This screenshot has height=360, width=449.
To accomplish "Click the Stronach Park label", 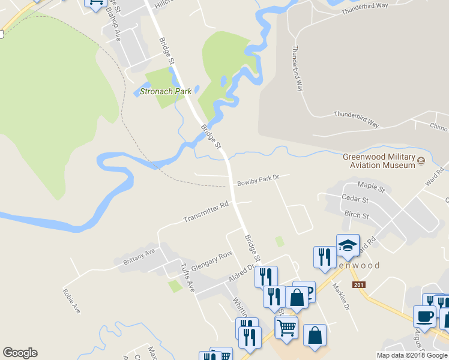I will coord(165,91).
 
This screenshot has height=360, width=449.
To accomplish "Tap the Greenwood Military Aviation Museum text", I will coord(379,161).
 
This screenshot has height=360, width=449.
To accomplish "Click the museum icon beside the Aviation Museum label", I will coord(421,160).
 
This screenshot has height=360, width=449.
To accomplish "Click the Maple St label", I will coord(370,187).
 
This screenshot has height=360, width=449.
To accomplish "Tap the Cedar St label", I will coord(354,199).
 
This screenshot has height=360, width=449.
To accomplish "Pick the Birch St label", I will coord(357,214).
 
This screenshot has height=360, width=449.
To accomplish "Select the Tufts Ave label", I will coord(188,277).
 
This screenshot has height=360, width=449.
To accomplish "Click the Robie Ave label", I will coord(71,301).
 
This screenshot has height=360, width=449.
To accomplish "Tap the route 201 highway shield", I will coord(359,285).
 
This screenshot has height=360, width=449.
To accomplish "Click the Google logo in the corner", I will coord(20,353).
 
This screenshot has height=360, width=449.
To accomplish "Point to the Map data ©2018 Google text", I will coord(412,355).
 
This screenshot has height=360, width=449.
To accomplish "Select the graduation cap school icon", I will coord(348,245).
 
